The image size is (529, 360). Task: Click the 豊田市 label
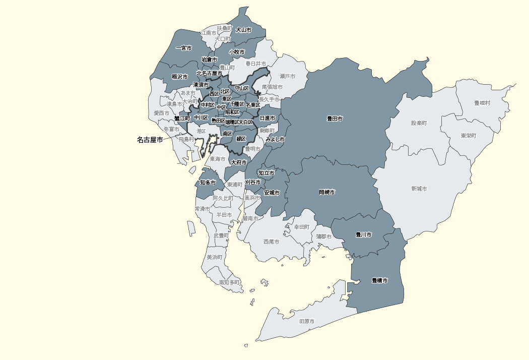click(335, 119)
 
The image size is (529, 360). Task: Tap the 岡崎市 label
click(327, 193)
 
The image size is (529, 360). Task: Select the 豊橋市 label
click(379, 280)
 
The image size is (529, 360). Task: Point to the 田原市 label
click(307, 321)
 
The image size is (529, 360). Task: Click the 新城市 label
click(419, 189)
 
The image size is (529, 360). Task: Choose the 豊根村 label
click(482, 103)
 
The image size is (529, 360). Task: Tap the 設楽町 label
click(419, 123)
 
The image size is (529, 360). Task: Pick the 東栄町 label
click(469, 136)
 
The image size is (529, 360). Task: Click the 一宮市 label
click(183, 48)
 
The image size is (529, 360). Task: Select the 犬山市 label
click(243, 30)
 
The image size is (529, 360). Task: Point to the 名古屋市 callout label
click(150, 140)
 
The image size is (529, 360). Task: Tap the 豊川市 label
click(363, 235)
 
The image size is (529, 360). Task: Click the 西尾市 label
click(271, 242)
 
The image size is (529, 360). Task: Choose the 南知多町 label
click(229, 283)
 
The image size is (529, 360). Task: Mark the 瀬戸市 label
click(287, 76)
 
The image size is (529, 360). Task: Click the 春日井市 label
click(255, 64)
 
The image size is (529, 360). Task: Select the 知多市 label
click(208, 183)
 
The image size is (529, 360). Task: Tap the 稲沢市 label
click(179, 77)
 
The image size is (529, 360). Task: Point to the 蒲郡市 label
click(323, 236)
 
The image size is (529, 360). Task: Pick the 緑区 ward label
click(241, 139)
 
